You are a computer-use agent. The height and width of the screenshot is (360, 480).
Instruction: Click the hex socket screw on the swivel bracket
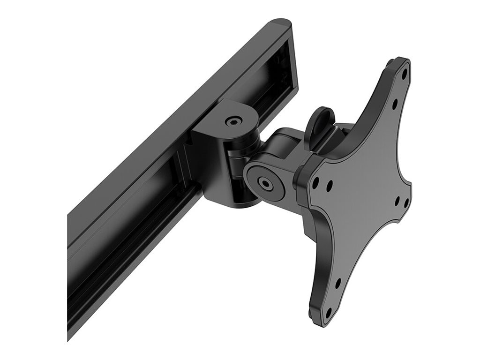(x=233, y=121)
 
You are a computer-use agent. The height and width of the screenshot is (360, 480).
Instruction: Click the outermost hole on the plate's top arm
(x=404, y=74)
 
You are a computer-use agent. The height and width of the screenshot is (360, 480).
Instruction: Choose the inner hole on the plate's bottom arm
(x=337, y=284)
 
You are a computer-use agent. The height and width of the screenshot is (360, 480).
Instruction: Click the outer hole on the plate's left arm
(x=315, y=180)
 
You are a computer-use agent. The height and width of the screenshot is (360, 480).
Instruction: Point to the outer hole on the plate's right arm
(x=406, y=203)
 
